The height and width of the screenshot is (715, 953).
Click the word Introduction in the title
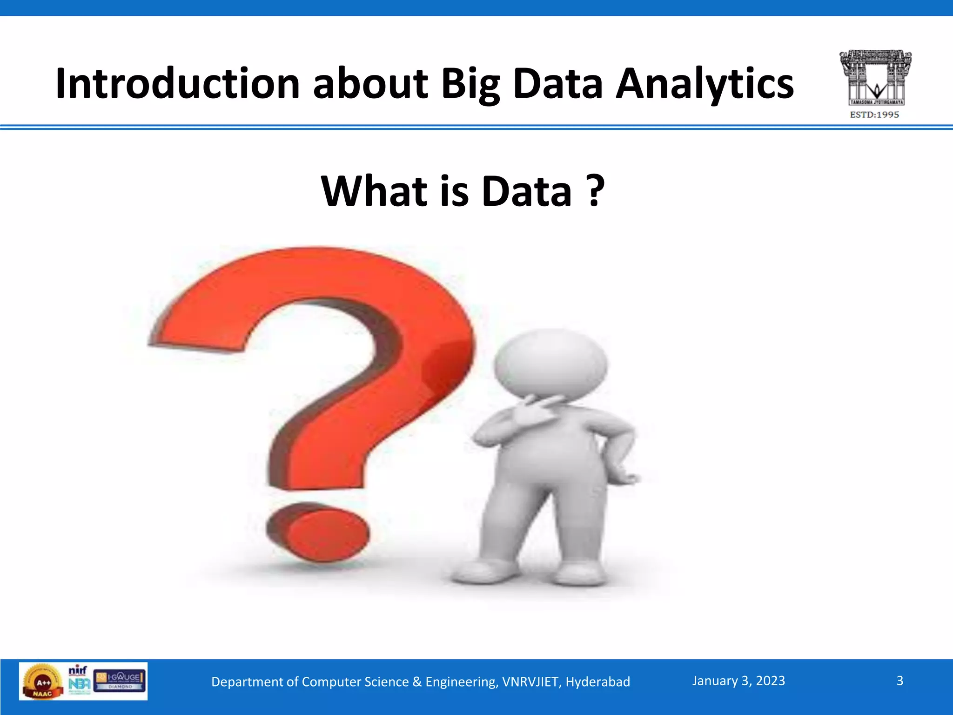click(177, 84)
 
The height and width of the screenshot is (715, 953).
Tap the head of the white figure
click(550, 363)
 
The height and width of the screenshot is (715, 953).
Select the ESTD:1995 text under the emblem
click(874, 115)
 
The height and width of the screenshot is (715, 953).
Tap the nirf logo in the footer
click(78, 670)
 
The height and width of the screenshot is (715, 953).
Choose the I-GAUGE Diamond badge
click(120, 681)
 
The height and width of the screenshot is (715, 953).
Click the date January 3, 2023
click(738, 681)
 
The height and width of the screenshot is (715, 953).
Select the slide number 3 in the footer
click(899, 681)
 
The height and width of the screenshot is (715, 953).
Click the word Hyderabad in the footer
click(597, 682)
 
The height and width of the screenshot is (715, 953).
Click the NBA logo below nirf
click(79, 685)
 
